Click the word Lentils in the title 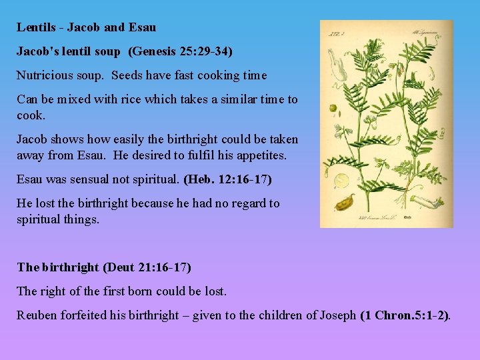(36, 27)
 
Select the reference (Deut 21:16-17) (147, 267)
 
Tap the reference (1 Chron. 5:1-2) (405, 315)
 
